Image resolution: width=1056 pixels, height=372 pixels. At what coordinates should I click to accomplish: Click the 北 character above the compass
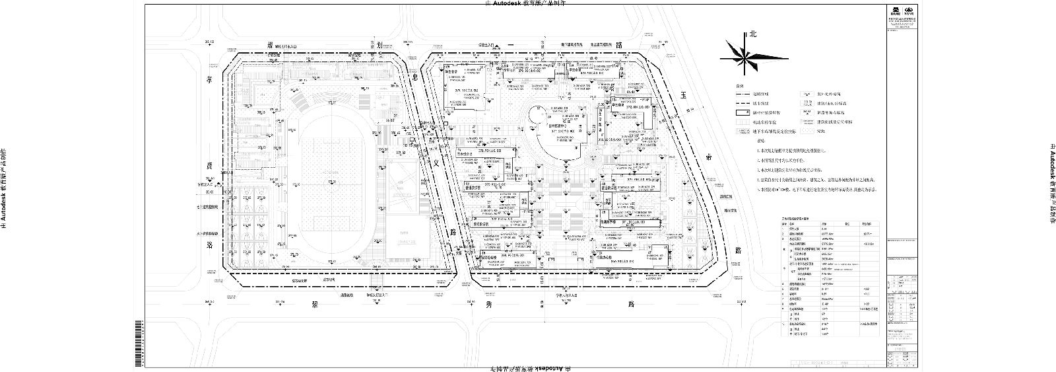click(752, 34)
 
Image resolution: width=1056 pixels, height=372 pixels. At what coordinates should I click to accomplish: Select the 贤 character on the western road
click(210, 165)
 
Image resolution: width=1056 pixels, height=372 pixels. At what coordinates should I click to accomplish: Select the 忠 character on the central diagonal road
click(415, 79)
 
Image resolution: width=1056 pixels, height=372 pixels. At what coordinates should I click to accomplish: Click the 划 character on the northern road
click(380, 45)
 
